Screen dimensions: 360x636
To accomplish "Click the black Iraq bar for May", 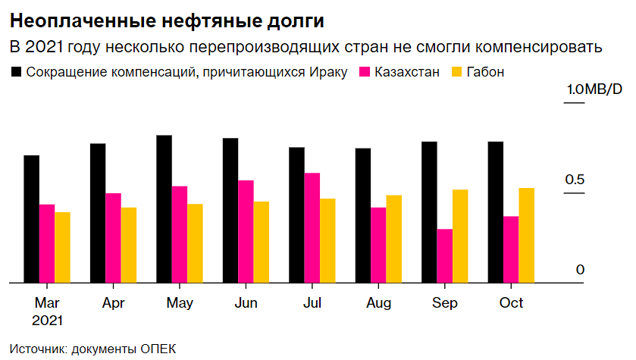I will (164, 209).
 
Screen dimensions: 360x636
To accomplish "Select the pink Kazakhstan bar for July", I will (312, 228).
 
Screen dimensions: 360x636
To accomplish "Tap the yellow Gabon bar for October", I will (526, 236).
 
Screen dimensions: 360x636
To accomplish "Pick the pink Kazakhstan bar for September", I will (444, 256).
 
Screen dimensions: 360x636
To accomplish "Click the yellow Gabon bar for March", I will (62, 247).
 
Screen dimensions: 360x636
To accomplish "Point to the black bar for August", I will (363, 216).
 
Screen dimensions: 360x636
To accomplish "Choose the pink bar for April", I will (113, 238).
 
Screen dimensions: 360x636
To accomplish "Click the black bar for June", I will (230, 211).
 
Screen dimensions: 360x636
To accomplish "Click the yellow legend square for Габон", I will (456, 73).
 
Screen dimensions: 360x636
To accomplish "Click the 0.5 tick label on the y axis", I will (576, 180).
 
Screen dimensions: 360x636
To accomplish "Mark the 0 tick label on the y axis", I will (580, 270).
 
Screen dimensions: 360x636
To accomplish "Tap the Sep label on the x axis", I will (445, 303).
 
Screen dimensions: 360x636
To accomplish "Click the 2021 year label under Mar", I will (47, 319).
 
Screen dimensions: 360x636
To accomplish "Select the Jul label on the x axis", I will (312, 303).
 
